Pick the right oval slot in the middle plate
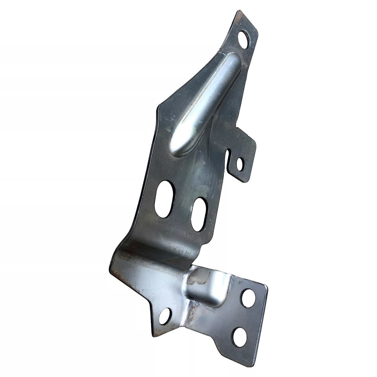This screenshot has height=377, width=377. click(x=199, y=214)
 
